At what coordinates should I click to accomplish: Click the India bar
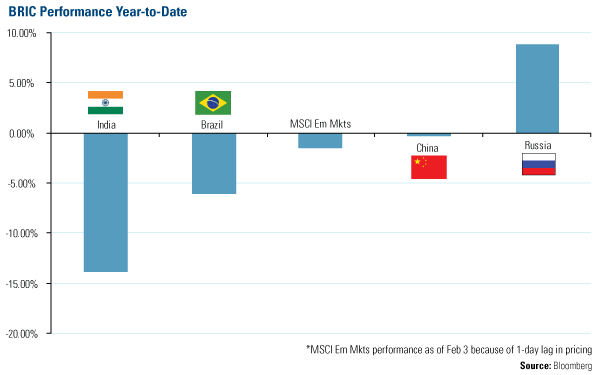[x=106, y=202]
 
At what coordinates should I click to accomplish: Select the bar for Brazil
[x=214, y=164]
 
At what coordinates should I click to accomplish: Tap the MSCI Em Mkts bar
[x=320, y=141]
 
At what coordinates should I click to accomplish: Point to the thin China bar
[x=429, y=135]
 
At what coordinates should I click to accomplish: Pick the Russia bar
[x=537, y=89]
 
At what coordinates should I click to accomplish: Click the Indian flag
[x=106, y=103]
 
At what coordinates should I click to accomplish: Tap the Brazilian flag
[x=213, y=103]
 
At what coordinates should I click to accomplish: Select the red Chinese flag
[x=429, y=167]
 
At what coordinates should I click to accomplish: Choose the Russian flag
[x=539, y=164]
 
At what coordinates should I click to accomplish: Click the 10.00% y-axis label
[x=21, y=33]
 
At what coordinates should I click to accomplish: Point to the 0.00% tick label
[x=22, y=134]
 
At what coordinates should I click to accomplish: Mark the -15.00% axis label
[x=22, y=284]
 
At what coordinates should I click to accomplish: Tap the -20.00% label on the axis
[x=22, y=334]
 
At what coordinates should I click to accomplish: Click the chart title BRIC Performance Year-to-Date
[x=98, y=12]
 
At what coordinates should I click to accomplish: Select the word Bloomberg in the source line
[x=573, y=366]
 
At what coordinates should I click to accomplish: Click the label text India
[x=106, y=125]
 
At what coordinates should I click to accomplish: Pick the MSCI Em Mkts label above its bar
[x=321, y=124]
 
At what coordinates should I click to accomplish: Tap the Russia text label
[x=538, y=145]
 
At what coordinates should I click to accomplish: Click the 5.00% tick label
[x=22, y=83]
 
